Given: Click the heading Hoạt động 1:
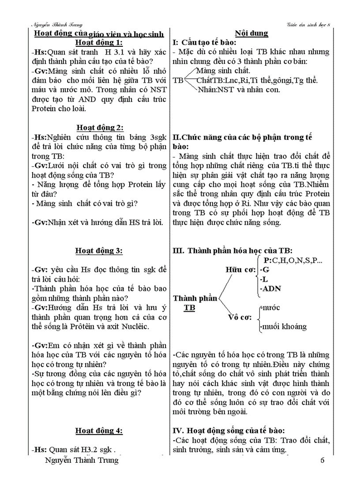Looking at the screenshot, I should point(99,43).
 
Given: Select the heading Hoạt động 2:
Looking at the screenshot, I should point(99,127).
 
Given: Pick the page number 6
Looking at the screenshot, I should point(322,461).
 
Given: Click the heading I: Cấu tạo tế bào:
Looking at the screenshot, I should point(204,43).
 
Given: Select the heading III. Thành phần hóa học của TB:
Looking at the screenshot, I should point(232,250).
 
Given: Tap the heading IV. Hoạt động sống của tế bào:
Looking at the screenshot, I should point(228,431).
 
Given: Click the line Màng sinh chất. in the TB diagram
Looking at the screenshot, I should point(223,71).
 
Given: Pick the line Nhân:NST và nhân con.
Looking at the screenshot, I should point(239,90).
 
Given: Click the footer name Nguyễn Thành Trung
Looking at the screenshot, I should point(82,460).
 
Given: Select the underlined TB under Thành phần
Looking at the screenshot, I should point(189,308).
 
